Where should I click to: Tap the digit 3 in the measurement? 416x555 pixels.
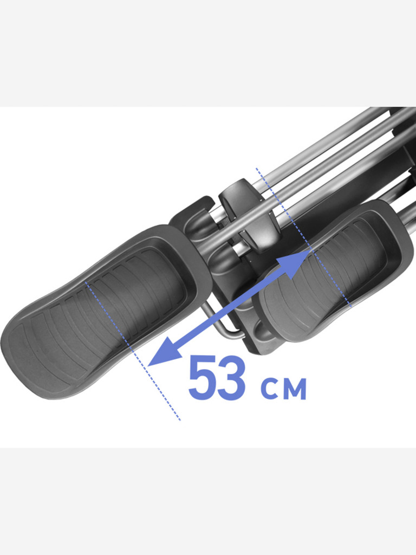pos(231,377)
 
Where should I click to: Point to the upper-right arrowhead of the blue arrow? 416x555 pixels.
pos(298,263)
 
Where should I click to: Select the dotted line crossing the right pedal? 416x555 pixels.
pos(303,238)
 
